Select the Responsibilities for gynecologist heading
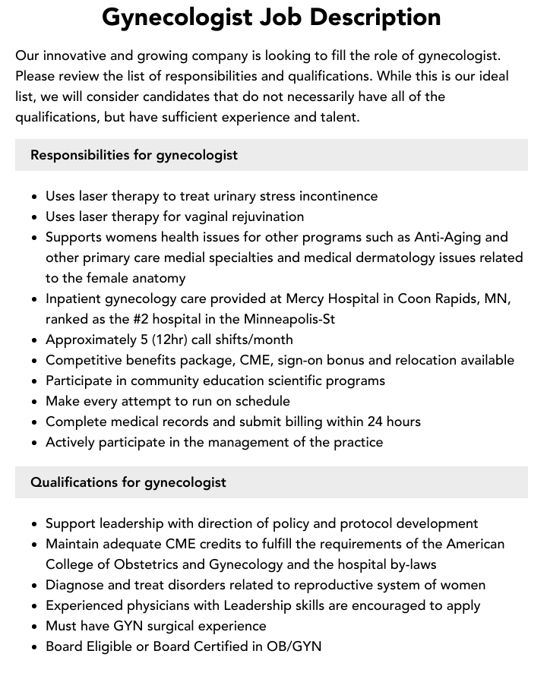coord(134,155)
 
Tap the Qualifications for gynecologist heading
coord(128,482)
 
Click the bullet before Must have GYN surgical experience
coord(35,627)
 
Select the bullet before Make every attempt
coord(35,402)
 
